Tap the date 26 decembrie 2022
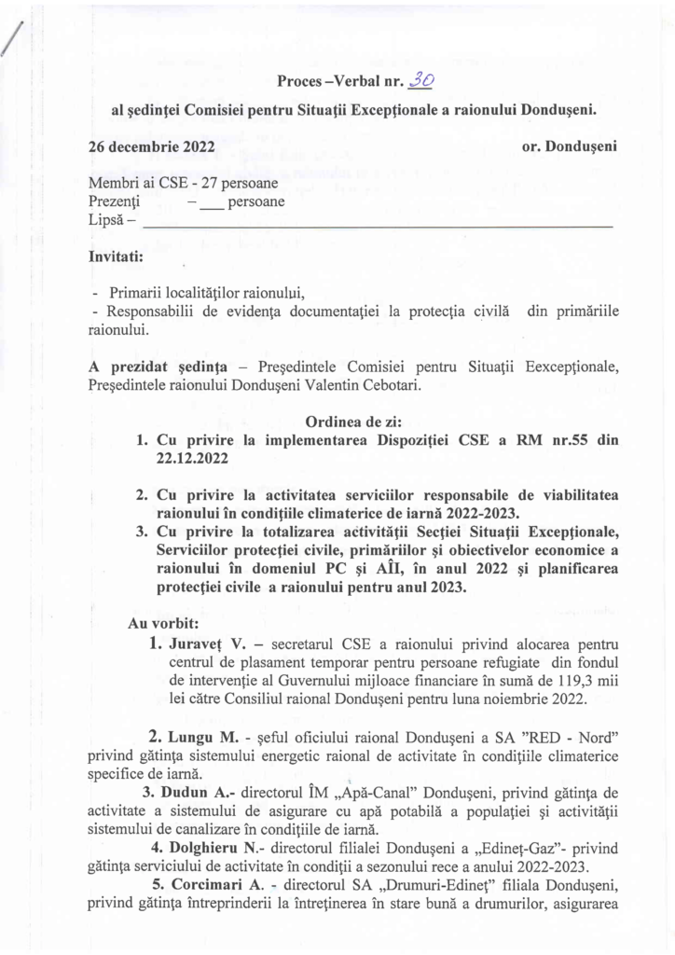tap(151, 146)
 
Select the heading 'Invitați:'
tap(116, 256)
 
